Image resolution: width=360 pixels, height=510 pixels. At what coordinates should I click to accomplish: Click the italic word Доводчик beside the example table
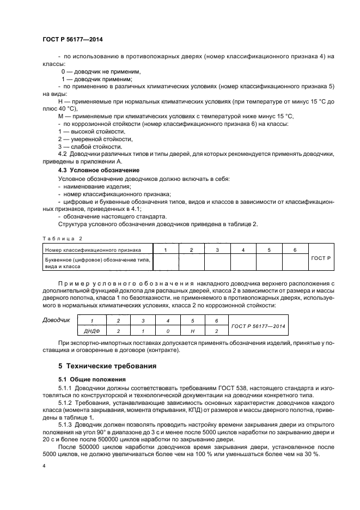(x=56, y=320)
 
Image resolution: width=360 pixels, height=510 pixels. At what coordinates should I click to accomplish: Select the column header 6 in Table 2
(x=295, y=250)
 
